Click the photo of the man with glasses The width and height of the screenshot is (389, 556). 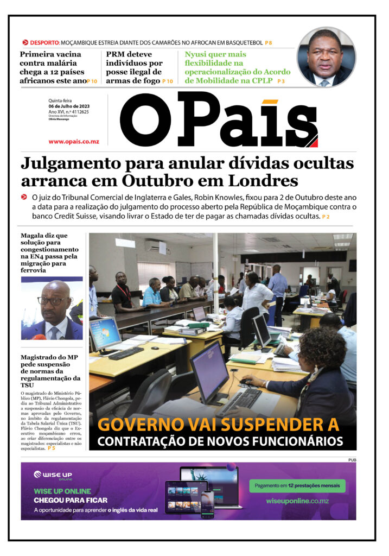click(x=52, y=309)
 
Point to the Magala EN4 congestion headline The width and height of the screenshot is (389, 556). click(x=50, y=252)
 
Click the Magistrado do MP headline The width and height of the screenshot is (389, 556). click(x=50, y=370)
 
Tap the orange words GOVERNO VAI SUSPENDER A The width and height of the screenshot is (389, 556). click(x=218, y=424)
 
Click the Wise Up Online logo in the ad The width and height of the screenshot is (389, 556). click(x=54, y=475)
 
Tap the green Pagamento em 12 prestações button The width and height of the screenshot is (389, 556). click(x=297, y=485)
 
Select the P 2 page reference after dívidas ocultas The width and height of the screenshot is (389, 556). click(x=326, y=217)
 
